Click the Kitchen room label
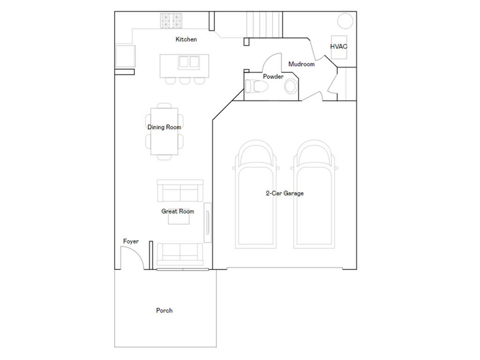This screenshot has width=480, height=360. coord(186,39)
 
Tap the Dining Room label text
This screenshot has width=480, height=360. coord(164,127)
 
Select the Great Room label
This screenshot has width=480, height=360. coord(178,211)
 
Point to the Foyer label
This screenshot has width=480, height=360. coord(131,241)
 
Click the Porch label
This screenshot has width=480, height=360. coord(164,310)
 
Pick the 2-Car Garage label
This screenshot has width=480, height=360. coord(285,193)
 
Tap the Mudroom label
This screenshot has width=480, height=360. coord(301,64)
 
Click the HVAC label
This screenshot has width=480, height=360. coord(339,46)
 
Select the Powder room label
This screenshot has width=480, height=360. coord(273,77)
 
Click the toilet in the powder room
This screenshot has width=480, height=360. coord(257,86)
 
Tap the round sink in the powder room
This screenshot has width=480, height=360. coord(291,87)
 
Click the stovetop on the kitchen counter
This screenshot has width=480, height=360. coord(171,21)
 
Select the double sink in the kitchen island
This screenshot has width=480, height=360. coord(189,63)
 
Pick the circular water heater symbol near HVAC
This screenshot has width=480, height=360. coord(345,21)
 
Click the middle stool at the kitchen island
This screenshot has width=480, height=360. coord(185,81)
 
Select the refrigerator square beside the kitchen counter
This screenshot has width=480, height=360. coord(125,56)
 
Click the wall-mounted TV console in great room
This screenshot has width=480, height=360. coord(208,223)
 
